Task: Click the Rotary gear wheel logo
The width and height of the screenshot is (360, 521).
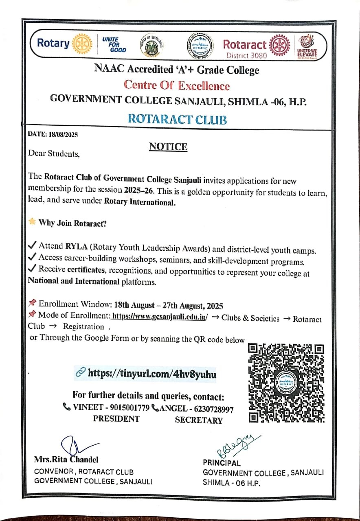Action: coord(81,44)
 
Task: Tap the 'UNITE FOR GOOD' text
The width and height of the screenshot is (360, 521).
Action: coord(113,44)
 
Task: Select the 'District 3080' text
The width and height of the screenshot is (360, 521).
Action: coord(247,55)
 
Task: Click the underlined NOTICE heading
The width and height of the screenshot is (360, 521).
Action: coord(168,147)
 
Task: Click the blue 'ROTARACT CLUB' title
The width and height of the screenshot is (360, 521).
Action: coord(177,119)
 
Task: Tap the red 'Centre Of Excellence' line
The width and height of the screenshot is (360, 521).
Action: coord(177,86)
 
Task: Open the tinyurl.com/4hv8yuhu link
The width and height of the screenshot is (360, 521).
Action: coord(152,374)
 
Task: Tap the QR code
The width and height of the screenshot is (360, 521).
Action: coord(286,383)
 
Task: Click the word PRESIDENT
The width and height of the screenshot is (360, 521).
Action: coord(116,419)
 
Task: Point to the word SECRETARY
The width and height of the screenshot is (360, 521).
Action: coord(199,420)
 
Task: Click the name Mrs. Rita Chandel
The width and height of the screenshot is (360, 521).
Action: coord(66,460)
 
